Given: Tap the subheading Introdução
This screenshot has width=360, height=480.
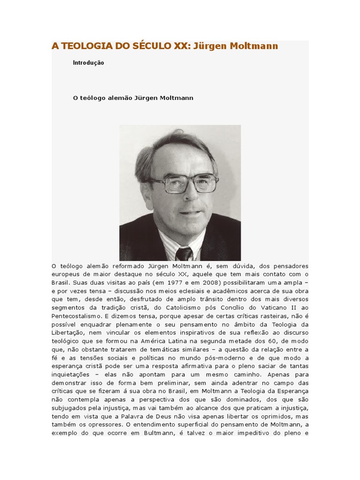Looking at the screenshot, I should [x=89, y=63].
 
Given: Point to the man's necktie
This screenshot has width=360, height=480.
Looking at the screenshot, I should [x=184, y=254].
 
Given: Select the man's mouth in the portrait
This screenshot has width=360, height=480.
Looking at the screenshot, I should [x=189, y=212].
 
